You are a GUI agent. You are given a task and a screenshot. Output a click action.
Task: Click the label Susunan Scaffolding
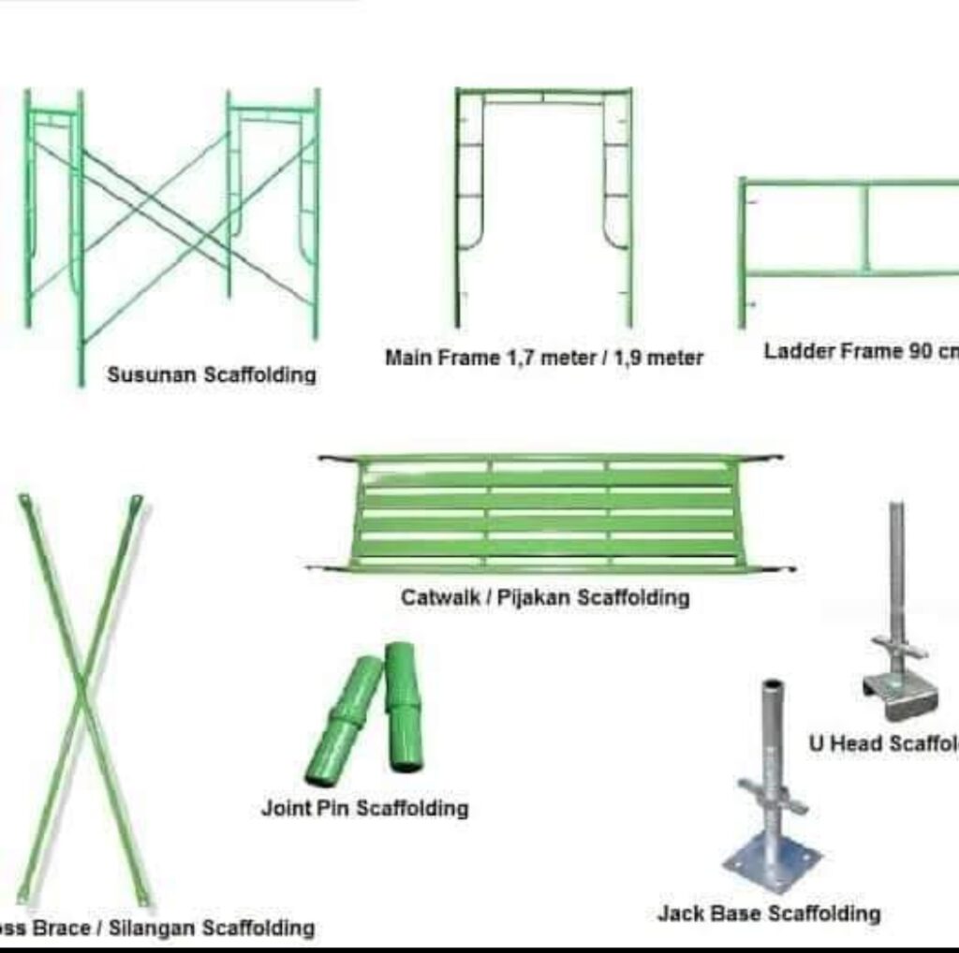click(x=211, y=375)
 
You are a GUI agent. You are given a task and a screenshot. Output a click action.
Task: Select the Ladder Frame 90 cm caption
click(x=860, y=352)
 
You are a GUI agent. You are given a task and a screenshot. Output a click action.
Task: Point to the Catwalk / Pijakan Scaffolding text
click(x=545, y=597)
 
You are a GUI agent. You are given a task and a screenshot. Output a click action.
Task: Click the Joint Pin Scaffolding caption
click(x=364, y=808)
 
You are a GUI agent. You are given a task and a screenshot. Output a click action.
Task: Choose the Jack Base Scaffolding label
click(x=768, y=913)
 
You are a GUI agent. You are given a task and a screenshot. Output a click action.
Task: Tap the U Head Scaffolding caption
click(x=883, y=743)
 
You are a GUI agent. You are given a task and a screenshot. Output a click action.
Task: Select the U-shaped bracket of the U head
click(x=899, y=693)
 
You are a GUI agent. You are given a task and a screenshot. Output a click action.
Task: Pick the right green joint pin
click(x=404, y=707)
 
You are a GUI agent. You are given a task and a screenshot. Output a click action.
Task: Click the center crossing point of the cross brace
click(x=82, y=694)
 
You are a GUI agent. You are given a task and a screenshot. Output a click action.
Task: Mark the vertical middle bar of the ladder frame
click(x=865, y=228)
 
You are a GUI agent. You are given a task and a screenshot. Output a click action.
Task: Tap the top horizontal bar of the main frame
click(x=543, y=93)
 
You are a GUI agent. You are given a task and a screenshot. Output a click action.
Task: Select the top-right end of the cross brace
click(x=137, y=503)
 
